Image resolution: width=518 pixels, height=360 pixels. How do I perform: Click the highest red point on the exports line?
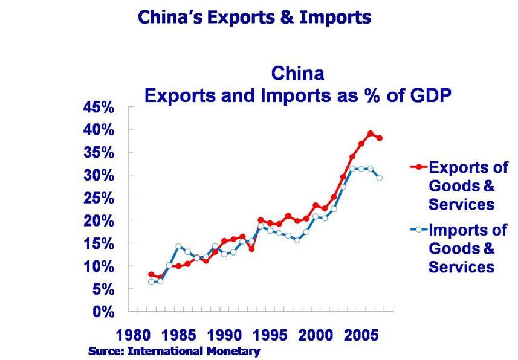point(371,134)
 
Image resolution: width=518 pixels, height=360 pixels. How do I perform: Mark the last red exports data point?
point(380,138)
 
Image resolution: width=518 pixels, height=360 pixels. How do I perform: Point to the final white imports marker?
point(380,178)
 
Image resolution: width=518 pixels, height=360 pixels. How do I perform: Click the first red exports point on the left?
point(151,274)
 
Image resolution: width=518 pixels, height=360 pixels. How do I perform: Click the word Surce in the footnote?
point(103,351)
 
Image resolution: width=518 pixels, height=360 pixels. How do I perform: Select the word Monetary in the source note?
point(236,351)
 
